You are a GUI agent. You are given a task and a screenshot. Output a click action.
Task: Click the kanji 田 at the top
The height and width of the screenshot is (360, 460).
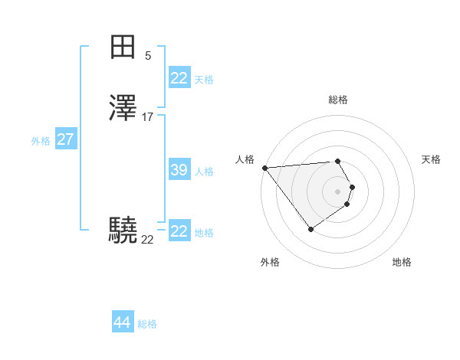[x=123, y=47]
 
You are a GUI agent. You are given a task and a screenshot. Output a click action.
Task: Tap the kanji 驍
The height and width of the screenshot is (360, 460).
[x=123, y=230]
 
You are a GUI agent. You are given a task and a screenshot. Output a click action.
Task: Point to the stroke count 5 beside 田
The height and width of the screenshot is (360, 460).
[x=148, y=55]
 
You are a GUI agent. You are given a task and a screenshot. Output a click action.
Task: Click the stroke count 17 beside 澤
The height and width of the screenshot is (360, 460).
[x=148, y=117]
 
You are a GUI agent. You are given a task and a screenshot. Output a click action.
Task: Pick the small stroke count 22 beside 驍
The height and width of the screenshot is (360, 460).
[x=147, y=240]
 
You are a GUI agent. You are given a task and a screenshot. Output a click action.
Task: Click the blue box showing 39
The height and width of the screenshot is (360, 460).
[x=179, y=170]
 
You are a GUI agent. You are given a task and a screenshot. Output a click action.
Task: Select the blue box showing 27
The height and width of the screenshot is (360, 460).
[x=65, y=139]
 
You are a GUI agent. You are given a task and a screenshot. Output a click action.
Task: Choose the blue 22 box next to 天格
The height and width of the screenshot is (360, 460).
[x=179, y=78]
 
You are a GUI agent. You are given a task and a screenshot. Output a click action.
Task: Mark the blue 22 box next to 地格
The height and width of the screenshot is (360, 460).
[x=179, y=231]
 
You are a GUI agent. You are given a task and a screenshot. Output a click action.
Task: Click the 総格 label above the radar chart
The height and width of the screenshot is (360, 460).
[x=338, y=100]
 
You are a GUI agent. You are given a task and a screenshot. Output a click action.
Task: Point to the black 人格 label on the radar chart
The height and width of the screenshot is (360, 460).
[x=245, y=159]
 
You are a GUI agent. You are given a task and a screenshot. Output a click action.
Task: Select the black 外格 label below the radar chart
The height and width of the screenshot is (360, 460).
[x=270, y=262]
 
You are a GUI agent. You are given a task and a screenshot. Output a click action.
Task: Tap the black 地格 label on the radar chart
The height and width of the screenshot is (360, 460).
[x=402, y=262]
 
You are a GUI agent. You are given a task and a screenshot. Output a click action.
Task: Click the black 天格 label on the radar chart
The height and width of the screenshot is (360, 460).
[x=431, y=159]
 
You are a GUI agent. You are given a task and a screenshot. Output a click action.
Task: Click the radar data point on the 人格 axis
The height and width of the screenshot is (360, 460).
[x=264, y=168]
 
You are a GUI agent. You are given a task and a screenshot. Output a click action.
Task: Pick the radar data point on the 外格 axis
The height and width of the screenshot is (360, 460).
[x=310, y=229]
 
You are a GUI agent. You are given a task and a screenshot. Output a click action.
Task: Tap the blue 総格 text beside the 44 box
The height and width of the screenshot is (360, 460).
[x=147, y=324]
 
